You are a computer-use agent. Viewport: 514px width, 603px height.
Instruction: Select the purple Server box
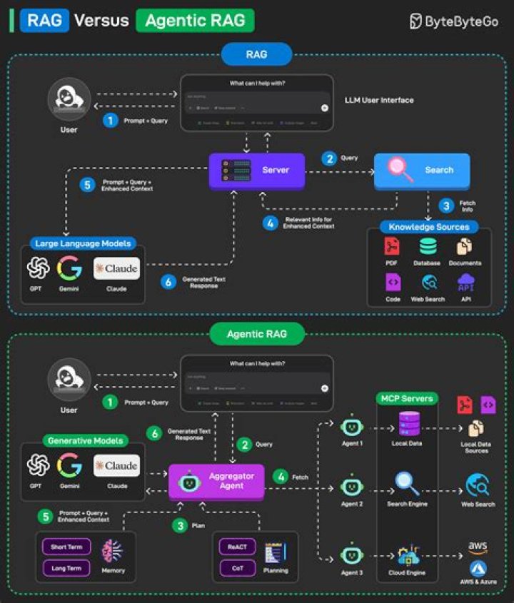point(258,171)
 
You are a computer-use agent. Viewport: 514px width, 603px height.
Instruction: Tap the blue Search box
point(422,171)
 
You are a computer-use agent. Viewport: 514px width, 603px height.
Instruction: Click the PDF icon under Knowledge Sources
point(392,247)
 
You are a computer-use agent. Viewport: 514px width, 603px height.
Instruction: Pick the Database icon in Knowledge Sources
point(428,247)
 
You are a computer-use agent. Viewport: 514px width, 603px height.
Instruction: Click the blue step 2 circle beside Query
point(329,158)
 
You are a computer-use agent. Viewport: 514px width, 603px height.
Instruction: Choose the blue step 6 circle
point(168,282)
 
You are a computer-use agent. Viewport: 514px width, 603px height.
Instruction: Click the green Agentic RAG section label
point(257,333)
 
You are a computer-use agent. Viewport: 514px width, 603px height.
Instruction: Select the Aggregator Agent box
point(216,482)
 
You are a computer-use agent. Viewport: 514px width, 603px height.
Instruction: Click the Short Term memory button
point(66,547)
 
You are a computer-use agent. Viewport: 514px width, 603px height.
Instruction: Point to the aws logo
point(478,547)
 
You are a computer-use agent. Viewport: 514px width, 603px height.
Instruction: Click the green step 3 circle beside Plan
point(180,527)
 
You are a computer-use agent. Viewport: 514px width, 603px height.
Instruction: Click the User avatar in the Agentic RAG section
point(69,380)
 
